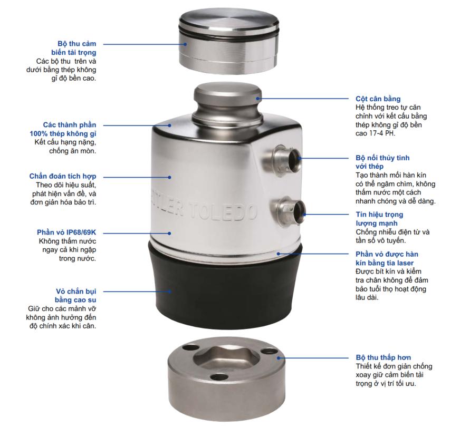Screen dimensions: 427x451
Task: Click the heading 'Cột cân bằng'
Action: [378, 99]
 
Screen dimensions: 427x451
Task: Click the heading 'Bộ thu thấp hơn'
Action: [383, 357]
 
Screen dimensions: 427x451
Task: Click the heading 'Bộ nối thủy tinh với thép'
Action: [382, 162]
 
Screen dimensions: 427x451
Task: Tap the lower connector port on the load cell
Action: [291, 208]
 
